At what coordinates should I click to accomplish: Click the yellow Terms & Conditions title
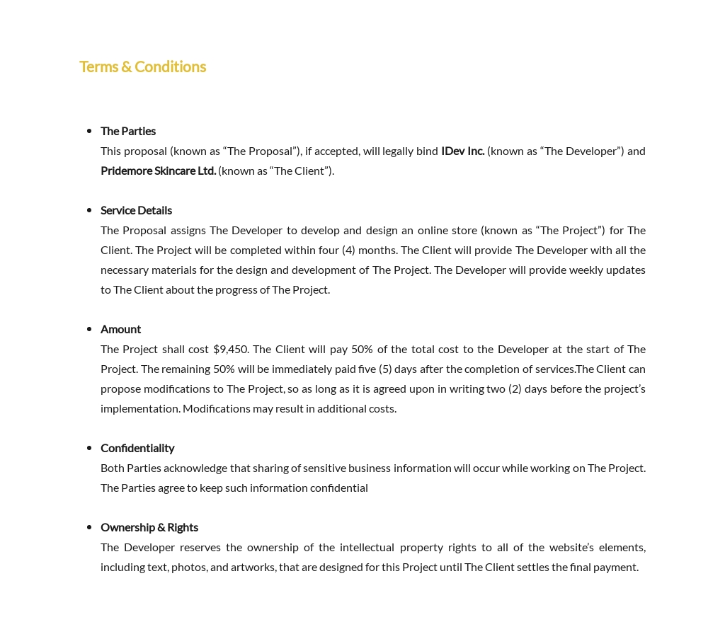(x=142, y=67)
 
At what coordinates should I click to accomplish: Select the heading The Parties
(x=128, y=131)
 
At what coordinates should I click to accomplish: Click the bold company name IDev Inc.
(x=462, y=151)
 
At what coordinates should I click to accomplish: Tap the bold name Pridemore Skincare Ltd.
(x=158, y=171)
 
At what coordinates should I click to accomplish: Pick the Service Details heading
(x=136, y=210)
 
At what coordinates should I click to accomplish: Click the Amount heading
(x=120, y=329)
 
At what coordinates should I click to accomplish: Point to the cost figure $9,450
(x=231, y=349)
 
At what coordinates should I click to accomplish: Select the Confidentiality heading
(x=137, y=448)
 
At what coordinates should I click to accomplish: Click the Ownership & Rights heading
(x=149, y=527)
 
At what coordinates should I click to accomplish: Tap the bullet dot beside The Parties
(x=89, y=131)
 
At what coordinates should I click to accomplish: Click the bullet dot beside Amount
(x=89, y=329)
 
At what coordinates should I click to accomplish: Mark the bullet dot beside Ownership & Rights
(x=89, y=527)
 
